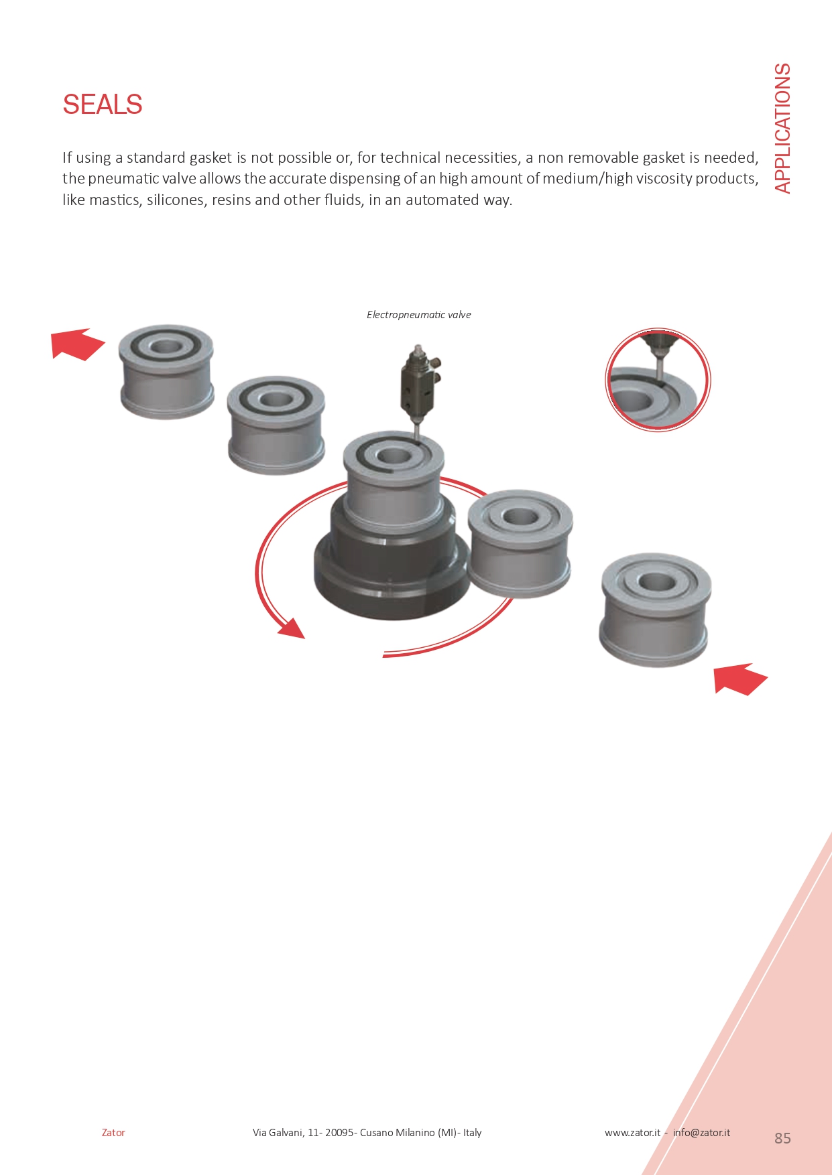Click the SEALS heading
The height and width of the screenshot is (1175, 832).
[103, 105]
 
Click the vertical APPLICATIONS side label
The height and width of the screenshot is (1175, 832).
[782, 128]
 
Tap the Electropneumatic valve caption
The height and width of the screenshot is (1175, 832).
[418, 315]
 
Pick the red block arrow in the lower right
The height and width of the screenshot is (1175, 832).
[740, 679]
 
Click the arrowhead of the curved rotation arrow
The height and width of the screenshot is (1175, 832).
[292, 629]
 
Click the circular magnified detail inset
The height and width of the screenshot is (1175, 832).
[657, 380]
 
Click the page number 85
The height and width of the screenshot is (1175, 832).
[782, 1138]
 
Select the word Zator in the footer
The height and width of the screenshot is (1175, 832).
[113, 1133]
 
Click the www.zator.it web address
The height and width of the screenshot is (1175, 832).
[632, 1133]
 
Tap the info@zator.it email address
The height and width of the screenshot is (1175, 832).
[701, 1133]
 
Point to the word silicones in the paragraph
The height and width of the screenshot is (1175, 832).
[175, 200]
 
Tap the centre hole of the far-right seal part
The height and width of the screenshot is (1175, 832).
[656, 581]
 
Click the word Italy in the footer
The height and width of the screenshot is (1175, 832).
[473, 1133]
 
